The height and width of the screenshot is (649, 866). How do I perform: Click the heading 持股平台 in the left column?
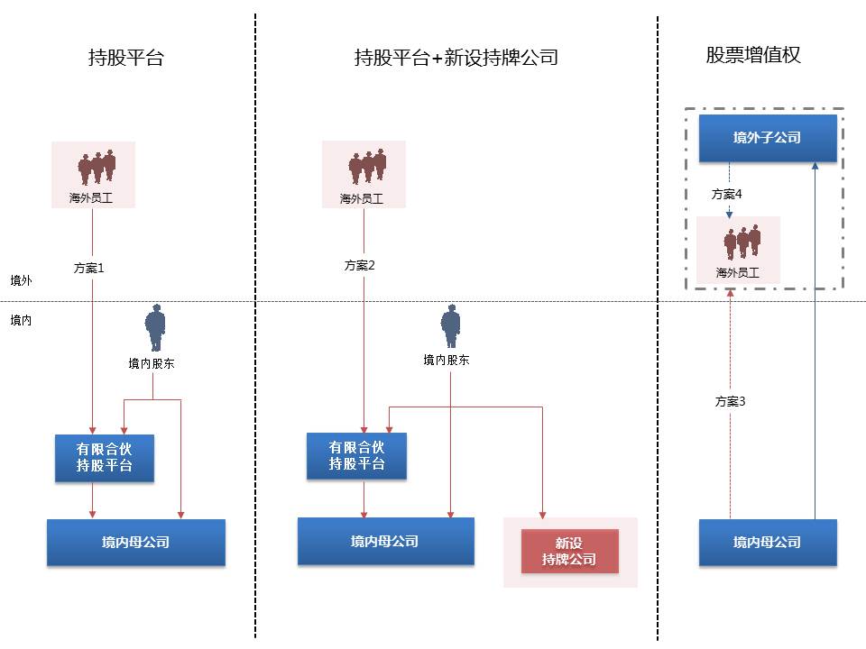(126, 59)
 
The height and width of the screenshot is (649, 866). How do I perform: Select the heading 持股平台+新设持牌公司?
(456, 59)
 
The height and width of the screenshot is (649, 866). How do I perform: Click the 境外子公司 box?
(768, 138)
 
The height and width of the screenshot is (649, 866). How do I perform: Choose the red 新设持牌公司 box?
(569, 552)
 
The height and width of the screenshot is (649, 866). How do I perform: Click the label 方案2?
(359, 265)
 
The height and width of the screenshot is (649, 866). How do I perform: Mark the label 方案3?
(729, 401)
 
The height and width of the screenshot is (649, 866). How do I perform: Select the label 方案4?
(726, 194)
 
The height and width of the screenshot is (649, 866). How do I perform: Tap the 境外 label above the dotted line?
(22, 281)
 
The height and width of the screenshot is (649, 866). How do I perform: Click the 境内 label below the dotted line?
(22, 320)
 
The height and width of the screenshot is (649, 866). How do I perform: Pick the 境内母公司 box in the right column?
(768, 543)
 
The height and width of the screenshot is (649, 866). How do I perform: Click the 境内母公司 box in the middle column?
(385, 541)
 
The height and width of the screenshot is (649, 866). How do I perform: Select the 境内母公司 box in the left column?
(135, 543)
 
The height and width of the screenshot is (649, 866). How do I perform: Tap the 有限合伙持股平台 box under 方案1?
(104, 457)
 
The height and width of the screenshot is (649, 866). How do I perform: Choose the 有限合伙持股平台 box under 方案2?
(356, 455)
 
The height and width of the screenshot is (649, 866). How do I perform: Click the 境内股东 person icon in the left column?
(156, 328)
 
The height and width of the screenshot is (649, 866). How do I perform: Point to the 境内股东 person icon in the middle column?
(449, 325)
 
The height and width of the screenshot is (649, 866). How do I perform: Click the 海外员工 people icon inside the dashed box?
(742, 242)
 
